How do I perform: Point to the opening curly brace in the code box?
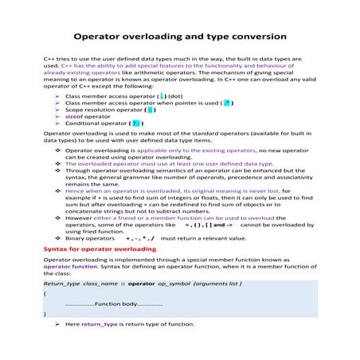(x=45, y=294)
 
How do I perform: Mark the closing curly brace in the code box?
(x=45, y=315)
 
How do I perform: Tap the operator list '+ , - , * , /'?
(x=140, y=238)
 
